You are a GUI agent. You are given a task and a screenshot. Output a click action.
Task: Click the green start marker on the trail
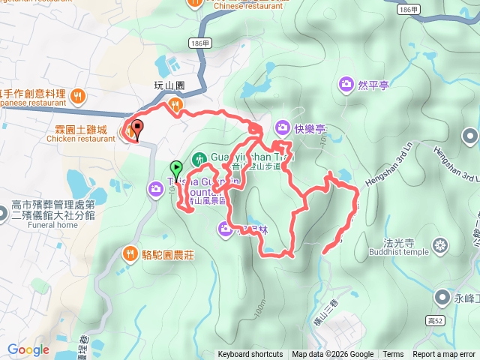176,169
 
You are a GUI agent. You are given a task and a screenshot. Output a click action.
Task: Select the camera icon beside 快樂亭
282,127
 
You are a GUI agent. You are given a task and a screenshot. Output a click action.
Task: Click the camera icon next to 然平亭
346,83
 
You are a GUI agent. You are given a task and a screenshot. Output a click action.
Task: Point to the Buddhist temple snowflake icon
439,245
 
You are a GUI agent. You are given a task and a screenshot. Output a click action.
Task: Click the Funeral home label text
44,225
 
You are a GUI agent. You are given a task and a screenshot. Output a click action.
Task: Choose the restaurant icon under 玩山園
175,104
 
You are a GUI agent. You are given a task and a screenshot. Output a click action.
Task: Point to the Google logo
28,349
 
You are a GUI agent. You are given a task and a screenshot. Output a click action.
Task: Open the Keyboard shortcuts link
250,355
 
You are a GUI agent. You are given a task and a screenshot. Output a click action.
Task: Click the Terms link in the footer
393,355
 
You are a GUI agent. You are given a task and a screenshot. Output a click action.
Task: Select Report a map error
444,355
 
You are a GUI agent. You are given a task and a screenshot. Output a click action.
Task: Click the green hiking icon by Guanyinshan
199,158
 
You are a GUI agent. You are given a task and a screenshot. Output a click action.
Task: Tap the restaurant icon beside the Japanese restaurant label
79,95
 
